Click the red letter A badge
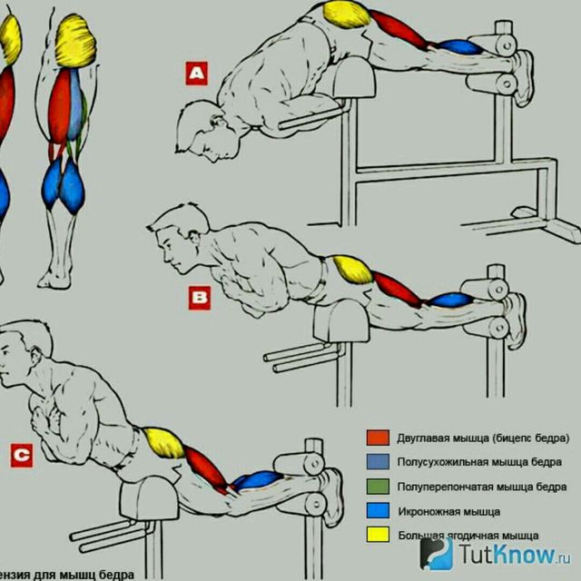point(197,72)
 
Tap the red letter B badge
point(199,296)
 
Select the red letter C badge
point(21,455)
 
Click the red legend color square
point(378,437)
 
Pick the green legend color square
point(378,486)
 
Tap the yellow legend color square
point(378,535)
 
